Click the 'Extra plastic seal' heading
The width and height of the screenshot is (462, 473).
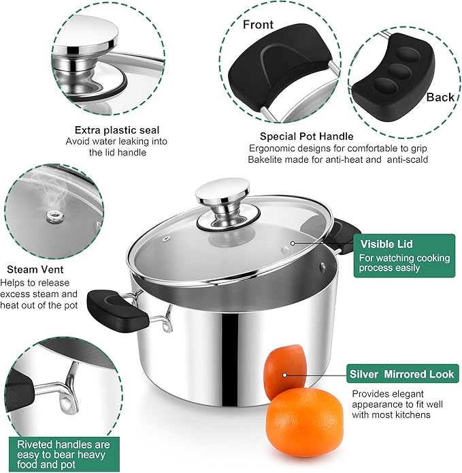(x=117, y=129)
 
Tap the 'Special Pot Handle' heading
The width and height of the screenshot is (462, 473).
(x=306, y=136)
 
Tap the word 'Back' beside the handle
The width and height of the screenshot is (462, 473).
(x=440, y=97)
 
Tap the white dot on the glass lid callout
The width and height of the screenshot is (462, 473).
(x=293, y=243)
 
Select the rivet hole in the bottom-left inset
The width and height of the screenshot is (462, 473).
(x=66, y=406)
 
